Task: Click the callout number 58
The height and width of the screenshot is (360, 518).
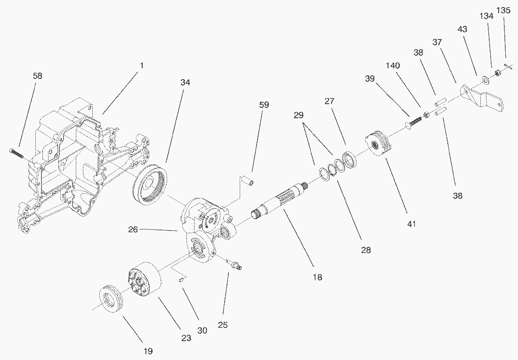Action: click(x=38, y=76)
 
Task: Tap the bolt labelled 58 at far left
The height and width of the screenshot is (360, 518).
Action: click(x=16, y=152)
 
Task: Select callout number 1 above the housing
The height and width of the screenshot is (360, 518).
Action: click(x=142, y=65)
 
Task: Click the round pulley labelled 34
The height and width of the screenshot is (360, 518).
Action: click(x=149, y=184)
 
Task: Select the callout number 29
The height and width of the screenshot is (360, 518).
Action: click(x=299, y=115)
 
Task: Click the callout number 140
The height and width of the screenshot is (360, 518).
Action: click(x=393, y=65)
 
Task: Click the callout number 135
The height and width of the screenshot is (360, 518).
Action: click(x=503, y=10)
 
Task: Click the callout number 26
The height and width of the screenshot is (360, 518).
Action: click(x=133, y=229)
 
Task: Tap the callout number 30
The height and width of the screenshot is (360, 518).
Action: click(x=202, y=330)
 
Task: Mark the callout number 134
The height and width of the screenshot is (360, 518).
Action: click(x=486, y=16)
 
